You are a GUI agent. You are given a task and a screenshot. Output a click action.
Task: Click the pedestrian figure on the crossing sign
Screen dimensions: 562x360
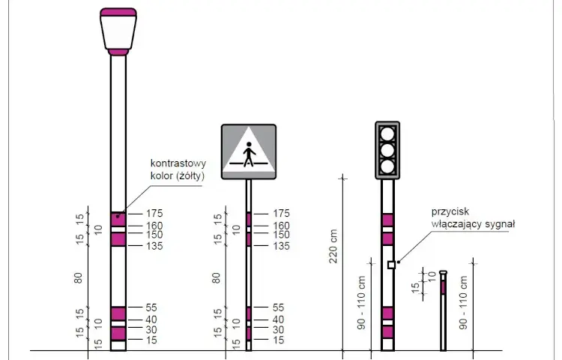click(249, 154)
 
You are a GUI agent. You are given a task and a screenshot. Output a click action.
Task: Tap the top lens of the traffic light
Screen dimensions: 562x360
click(387, 134)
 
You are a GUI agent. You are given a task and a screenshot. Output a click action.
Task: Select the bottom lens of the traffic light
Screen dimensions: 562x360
click(387, 166)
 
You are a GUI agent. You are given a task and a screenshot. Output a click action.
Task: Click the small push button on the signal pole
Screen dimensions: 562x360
click(391, 265)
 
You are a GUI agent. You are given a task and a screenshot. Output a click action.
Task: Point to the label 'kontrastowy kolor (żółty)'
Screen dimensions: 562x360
click(178, 169)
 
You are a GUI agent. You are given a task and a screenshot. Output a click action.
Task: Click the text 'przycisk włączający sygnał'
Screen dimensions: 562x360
click(473, 217)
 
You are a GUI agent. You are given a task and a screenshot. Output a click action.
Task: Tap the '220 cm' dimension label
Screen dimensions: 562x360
click(333, 246)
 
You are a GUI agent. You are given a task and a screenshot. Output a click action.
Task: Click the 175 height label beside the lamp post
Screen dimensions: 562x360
click(154, 213)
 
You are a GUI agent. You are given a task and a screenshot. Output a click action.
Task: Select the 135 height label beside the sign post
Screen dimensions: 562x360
click(281, 246)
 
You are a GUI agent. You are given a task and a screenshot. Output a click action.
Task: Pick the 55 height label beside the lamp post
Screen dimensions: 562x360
click(151, 307)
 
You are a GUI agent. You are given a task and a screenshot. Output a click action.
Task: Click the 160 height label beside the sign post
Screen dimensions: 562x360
click(281, 226)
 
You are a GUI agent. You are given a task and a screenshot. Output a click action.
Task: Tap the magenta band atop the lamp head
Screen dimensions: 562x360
click(118, 13)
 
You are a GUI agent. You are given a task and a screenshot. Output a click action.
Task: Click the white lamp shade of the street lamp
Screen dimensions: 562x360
click(118, 32)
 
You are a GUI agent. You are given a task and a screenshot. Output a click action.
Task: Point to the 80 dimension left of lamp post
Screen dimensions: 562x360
click(78, 278)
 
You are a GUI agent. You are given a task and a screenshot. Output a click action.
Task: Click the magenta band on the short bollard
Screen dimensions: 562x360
click(444, 287)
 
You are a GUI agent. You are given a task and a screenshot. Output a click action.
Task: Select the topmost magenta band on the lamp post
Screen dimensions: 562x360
click(118, 220)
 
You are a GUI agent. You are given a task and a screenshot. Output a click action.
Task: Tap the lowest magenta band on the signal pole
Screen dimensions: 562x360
click(387, 332)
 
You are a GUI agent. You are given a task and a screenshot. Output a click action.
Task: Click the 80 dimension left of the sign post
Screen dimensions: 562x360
click(216, 278)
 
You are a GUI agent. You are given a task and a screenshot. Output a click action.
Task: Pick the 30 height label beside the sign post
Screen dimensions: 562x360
click(278, 330)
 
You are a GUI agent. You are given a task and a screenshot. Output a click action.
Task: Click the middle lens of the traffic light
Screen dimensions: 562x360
click(387, 150)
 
